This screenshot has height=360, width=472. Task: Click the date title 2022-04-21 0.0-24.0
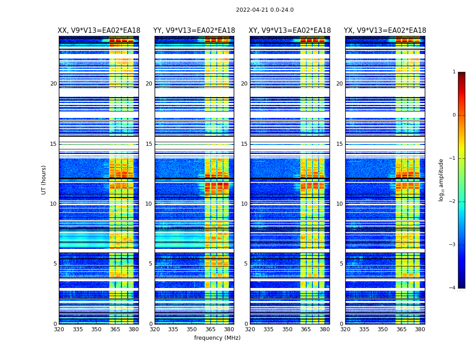tap(264, 10)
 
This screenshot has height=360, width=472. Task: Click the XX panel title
tap(99, 31)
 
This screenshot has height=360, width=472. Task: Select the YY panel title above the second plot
tap(194, 31)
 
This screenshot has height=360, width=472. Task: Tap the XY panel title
tap(290, 31)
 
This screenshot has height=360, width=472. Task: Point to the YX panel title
tap(385, 31)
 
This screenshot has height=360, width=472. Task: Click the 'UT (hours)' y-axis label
tap(44, 180)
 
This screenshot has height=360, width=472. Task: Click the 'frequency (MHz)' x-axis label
tap(217, 338)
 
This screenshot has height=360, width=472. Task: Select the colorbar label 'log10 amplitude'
tap(441, 180)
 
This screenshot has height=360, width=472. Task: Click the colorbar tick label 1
tap(454, 72)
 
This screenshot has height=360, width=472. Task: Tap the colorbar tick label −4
tap(453, 288)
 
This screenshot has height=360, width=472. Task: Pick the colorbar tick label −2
tap(453, 202)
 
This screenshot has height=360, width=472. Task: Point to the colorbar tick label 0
tap(454, 115)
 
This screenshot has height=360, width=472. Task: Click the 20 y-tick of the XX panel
tap(53, 84)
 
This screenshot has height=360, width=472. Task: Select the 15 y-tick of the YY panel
tap(149, 144)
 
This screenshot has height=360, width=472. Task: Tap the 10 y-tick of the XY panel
tap(244, 204)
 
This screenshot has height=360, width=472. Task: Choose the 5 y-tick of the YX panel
tap(341, 264)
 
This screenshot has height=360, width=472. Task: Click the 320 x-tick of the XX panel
tap(59, 329)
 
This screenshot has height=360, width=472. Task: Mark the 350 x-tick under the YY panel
tap(192, 329)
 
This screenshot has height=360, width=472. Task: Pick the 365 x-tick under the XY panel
tap(306, 329)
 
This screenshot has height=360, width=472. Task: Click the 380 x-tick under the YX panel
tap(420, 329)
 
